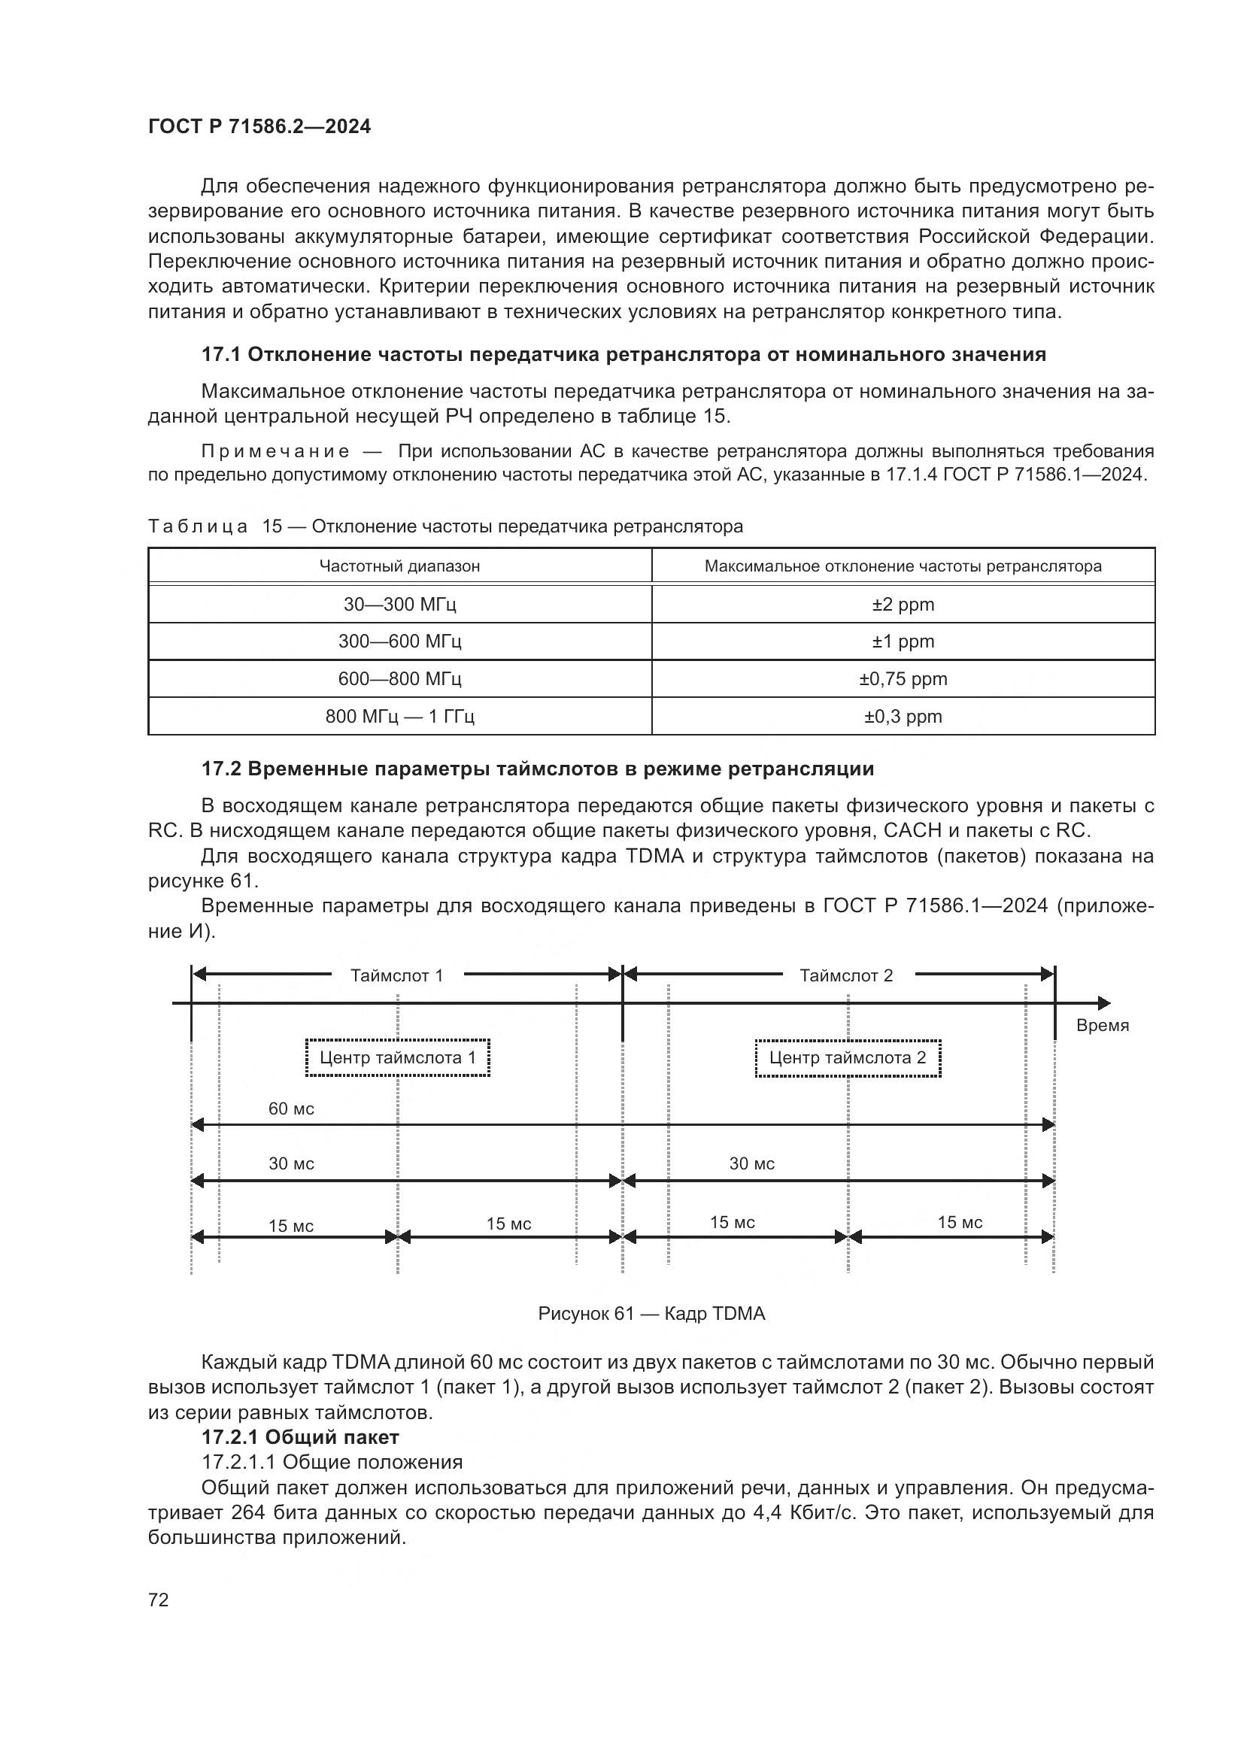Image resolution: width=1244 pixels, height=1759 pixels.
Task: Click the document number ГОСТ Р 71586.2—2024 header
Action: [259, 126]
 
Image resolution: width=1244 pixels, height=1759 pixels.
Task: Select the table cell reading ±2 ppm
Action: [903, 605]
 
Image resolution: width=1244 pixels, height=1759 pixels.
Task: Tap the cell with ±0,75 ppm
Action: [903, 679]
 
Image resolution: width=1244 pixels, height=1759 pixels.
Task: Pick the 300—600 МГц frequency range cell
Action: [400, 641]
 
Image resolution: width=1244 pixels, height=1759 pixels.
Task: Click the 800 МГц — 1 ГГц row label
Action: [400, 717]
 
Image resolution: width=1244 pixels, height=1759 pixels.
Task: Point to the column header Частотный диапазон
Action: [400, 566]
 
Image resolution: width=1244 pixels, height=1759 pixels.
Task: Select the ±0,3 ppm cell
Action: [903, 717]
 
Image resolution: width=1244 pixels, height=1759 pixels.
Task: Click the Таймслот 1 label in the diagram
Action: [397, 975]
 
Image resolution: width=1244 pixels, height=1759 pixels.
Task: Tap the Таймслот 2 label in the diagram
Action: [846, 975]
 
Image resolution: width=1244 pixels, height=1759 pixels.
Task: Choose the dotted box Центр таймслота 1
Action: [398, 1058]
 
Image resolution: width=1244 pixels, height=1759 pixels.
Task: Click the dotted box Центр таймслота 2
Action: [847, 1058]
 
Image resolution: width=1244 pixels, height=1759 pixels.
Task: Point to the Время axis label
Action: [1103, 1026]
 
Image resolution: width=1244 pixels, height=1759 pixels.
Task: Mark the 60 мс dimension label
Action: [291, 1108]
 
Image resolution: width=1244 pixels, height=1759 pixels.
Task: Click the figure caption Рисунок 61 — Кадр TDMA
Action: [651, 1314]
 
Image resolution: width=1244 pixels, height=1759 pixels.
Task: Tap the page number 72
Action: [159, 1600]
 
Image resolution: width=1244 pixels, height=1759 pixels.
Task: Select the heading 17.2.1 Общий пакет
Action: [300, 1437]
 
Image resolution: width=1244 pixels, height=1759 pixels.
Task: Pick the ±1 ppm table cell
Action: [903, 641]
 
